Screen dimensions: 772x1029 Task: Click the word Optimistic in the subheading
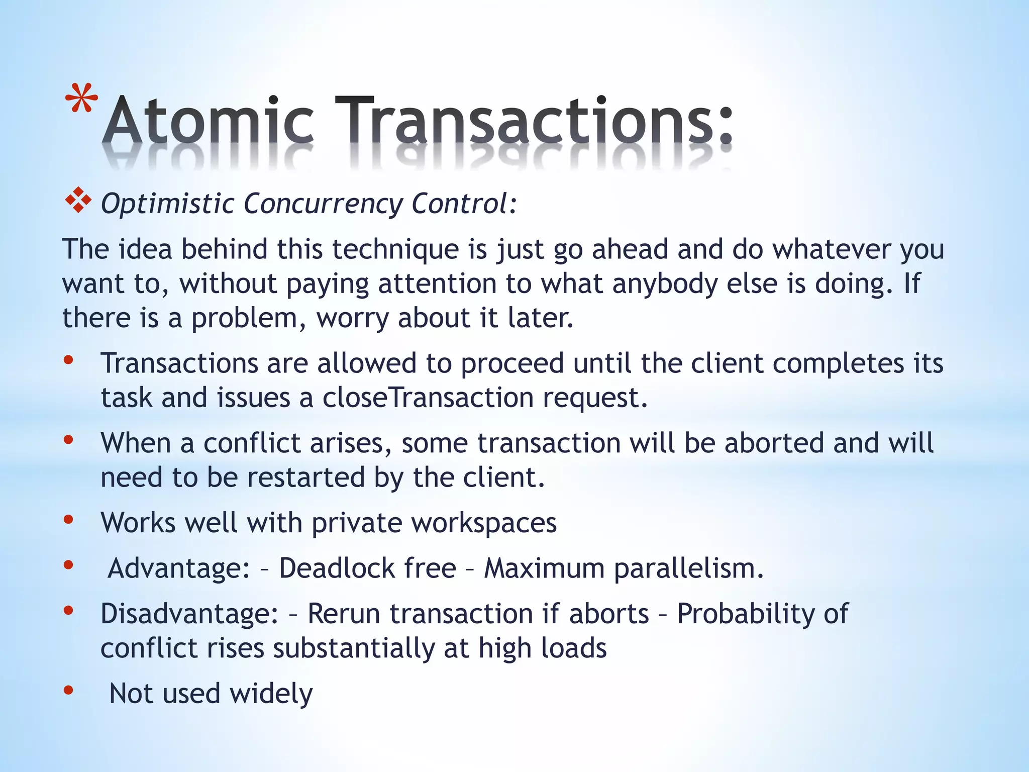tap(167, 204)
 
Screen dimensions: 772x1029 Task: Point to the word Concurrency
tap(323, 204)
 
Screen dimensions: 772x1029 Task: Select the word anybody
tap(664, 284)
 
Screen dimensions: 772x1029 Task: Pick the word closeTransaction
tap(428, 398)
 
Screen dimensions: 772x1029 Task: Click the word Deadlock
tap(367, 568)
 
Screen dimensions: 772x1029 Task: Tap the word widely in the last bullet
tap(271, 694)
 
